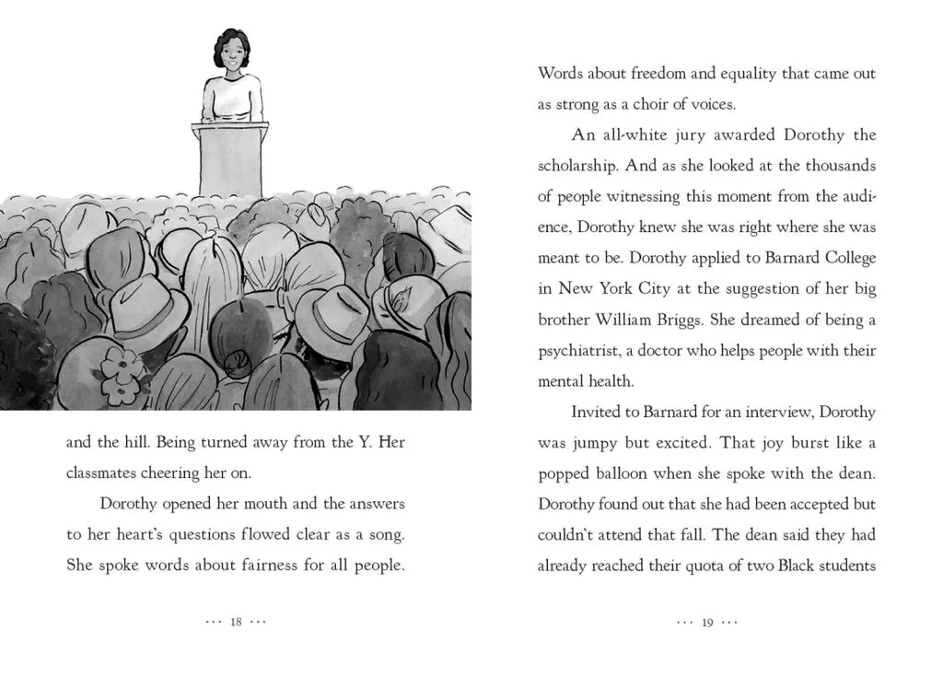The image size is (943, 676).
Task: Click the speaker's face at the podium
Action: pyautogui.click(x=229, y=54)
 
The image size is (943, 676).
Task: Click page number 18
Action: pyautogui.click(x=236, y=622)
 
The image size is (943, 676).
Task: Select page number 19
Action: pyautogui.click(x=707, y=622)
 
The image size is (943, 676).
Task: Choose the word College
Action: pyautogui.click(x=844, y=258)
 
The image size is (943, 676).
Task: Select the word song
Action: pyautogui.click(x=385, y=536)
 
